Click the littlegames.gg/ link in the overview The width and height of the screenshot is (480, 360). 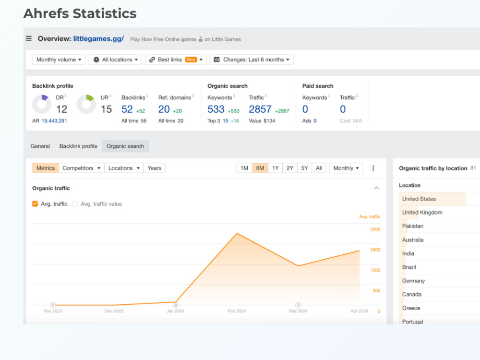coord(98,39)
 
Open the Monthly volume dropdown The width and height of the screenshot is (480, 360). coord(59,60)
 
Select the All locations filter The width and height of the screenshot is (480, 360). coord(115,60)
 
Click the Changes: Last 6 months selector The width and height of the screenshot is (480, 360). coord(252,60)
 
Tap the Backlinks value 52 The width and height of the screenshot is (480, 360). coord(127,109)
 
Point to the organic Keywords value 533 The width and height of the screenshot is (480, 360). coord(216,109)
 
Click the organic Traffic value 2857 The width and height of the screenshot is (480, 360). coord(260,109)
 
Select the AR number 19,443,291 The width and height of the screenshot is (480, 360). coord(54,121)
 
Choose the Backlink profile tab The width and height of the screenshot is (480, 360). coord(78,146)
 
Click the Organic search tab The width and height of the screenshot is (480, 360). coord(125,146)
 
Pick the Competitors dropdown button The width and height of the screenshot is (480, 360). coord(82,168)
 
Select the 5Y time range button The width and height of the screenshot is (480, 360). coord(304,168)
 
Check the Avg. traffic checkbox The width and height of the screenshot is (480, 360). coord(35,204)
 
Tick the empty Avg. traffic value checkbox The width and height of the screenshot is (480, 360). coord(75,204)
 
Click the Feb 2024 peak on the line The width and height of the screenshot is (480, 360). coord(237,234)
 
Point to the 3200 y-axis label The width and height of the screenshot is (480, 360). coord(375,229)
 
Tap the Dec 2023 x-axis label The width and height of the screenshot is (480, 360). coord(114,311)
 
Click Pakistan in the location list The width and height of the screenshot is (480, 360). coord(413,226)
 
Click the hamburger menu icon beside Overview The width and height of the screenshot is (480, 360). coord(29,38)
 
